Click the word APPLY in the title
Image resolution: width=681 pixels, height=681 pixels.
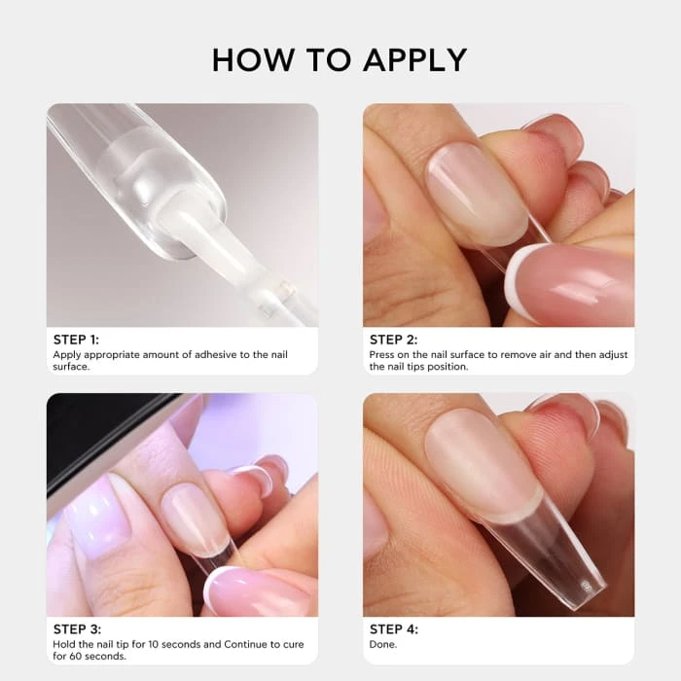click(415, 60)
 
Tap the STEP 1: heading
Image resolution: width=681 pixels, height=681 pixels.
click(76, 340)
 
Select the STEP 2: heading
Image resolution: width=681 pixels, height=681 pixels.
click(393, 340)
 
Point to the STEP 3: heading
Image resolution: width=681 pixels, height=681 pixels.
click(77, 629)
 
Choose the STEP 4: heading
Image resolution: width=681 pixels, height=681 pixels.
click(394, 629)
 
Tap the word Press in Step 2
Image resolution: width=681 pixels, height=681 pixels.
click(381, 355)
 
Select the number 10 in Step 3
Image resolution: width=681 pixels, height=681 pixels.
click(154, 644)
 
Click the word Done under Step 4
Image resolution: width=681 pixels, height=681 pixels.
click(382, 644)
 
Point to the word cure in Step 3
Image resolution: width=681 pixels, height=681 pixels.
click(294, 644)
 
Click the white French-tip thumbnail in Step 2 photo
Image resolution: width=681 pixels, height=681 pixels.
click(570, 283)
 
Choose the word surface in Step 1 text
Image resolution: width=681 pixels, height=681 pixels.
click(71, 367)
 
